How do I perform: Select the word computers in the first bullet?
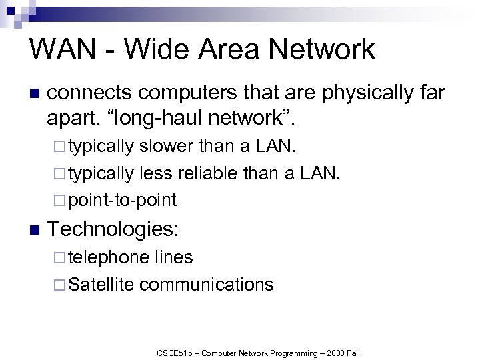tap(189, 93)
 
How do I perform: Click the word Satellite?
tap(101, 285)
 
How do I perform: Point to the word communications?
tap(207, 285)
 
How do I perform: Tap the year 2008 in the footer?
tap(331, 353)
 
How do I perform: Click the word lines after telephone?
tap(173, 257)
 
